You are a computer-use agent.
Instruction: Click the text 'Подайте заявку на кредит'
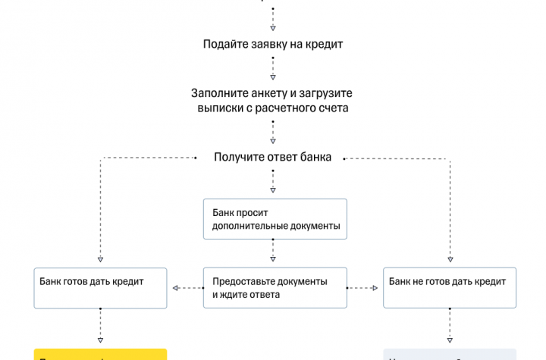[x=273, y=44]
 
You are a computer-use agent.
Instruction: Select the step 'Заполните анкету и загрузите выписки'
[x=273, y=101]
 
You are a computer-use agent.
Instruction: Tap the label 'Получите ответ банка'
[x=273, y=158]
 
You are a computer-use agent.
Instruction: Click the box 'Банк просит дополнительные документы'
[x=275, y=220]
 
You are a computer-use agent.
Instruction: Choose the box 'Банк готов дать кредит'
[x=100, y=287]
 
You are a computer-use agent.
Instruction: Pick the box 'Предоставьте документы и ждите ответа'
[x=275, y=287]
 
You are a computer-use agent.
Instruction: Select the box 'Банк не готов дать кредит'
[x=450, y=287]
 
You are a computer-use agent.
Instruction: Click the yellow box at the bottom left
[x=100, y=354]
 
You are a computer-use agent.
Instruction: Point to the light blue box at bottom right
[x=450, y=354]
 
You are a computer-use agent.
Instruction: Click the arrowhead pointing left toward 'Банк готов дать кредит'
[x=175, y=288]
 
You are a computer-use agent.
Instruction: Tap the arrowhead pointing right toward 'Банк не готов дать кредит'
[x=375, y=288]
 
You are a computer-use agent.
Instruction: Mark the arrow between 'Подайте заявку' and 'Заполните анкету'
[x=273, y=69]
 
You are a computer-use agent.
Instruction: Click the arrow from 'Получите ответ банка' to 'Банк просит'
[x=273, y=182]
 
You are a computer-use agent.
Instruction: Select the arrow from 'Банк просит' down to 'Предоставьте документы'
[x=273, y=253]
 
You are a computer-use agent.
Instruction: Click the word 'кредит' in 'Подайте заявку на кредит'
[x=325, y=44]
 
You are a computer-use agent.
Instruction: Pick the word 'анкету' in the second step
[x=259, y=93]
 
